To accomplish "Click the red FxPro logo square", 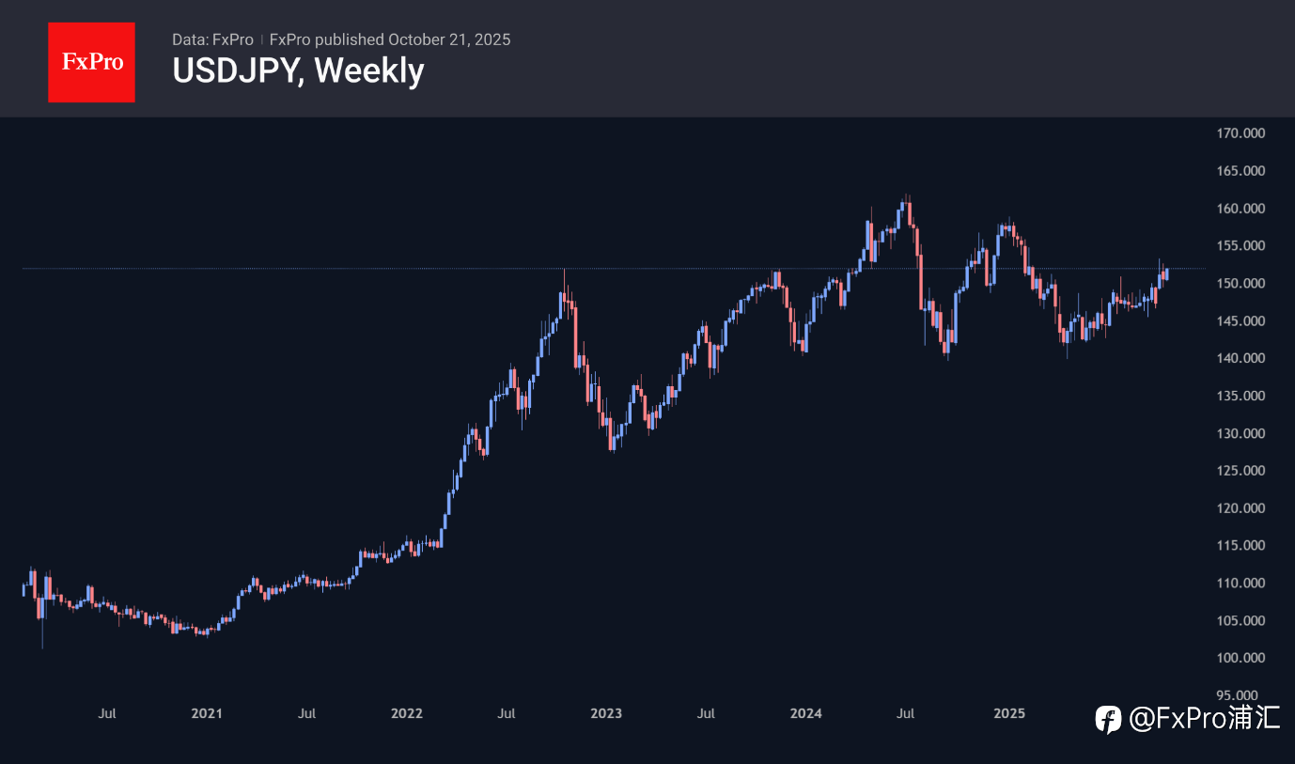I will coord(91,62).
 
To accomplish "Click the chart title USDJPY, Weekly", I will coord(298,70).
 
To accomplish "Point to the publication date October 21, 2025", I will coord(449,39).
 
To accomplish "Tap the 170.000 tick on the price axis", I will coord(1240,133).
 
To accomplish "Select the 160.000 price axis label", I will coord(1240,209).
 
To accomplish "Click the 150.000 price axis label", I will coord(1240,284).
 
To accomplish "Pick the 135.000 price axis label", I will coord(1240,396).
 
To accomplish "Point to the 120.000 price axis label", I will coord(1240,508).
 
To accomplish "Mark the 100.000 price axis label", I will coord(1240,658).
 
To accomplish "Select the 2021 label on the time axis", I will coord(207,713).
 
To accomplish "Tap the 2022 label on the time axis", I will coord(407,713).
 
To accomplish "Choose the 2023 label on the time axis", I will coord(606,713).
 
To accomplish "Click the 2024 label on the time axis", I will coord(806,713).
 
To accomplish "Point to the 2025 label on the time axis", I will coord(1009,713).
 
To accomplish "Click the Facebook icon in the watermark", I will coord(1109,721).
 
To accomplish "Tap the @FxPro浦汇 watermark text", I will coord(1204,720).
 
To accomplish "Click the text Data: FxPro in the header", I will coord(212,39).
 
